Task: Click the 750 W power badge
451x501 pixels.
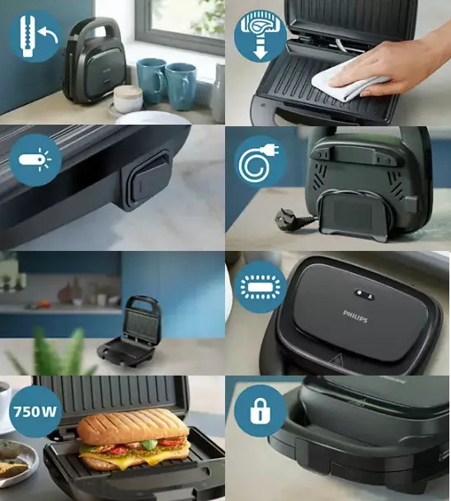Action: pyautogui.click(x=35, y=411)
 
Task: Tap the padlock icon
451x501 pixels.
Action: pyautogui.click(x=261, y=412)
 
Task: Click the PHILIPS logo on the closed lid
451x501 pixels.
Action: pyautogui.click(x=355, y=316)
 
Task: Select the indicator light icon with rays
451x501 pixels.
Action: pyautogui.click(x=35, y=159)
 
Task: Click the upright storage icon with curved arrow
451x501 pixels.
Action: pyautogui.click(x=35, y=35)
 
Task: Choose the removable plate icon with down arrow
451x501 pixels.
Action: pyautogui.click(x=261, y=35)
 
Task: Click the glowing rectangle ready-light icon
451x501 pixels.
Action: pyautogui.click(x=261, y=286)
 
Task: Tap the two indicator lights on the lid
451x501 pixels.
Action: pyautogui.click(x=364, y=294)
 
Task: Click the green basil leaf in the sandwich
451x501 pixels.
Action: pyautogui.click(x=150, y=444)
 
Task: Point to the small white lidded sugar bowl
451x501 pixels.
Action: pyautogui.click(x=128, y=98)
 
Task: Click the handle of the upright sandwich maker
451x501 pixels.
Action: pyautogui.click(x=96, y=29)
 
